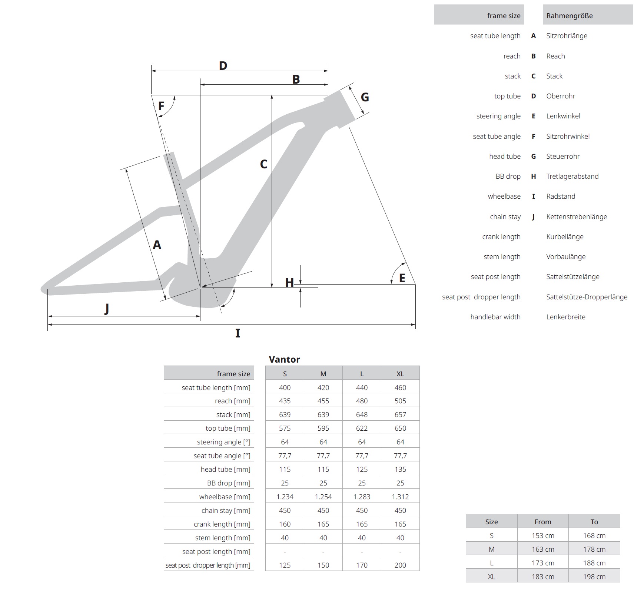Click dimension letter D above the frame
(x=223, y=66)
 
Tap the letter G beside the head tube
(x=365, y=97)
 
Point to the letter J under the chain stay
(x=107, y=308)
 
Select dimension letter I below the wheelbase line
(x=238, y=333)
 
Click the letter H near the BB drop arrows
(x=289, y=283)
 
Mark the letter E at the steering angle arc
(x=402, y=278)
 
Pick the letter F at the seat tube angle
(x=161, y=107)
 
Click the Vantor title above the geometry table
(x=284, y=359)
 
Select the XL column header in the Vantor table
(x=400, y=374)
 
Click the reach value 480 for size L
(x=362, y=401)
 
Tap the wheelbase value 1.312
(x=400, y=497)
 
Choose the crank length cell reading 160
(x=285, y=524)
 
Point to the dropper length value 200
(x=400, y=565)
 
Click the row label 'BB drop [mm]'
(x=229, y=483)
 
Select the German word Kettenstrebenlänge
(x=577, y=217)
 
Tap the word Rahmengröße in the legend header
(x=570, y=16)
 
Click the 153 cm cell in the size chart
(x=543, y=536)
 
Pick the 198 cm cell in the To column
(x=594, y=577)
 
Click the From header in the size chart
(x=543, y=522)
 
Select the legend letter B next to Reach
(x=533, y=56)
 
